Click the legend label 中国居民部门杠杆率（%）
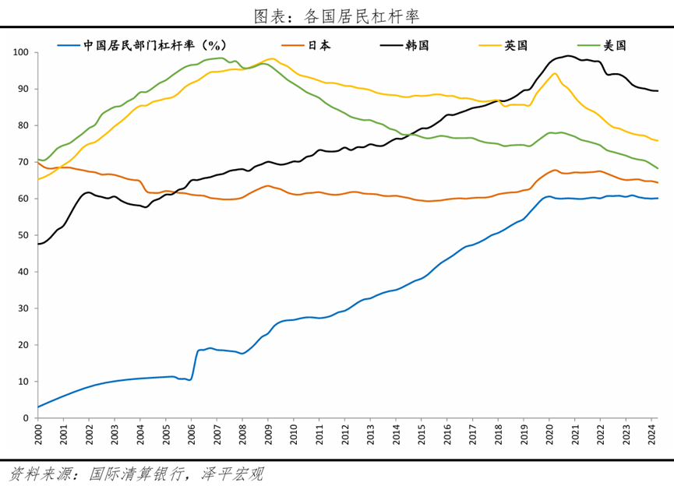[144, 45]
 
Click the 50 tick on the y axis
[23, 235]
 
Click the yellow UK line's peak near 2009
[270, 59]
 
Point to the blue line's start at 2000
[38, 407]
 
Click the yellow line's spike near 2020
[554, 74]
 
